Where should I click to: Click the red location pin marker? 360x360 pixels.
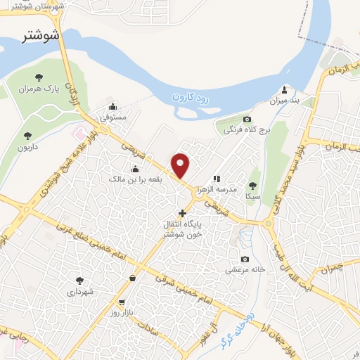click(x=181, y=165)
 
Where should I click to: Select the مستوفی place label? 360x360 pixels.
click(x=113, y=118)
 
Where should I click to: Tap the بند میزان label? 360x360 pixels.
click(x=285, y=101)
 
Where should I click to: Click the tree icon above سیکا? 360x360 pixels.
click(x=252, y=186)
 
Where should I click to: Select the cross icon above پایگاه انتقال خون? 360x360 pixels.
click(x=182, y=212)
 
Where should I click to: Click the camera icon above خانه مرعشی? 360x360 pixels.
click(x=244, y=259)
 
